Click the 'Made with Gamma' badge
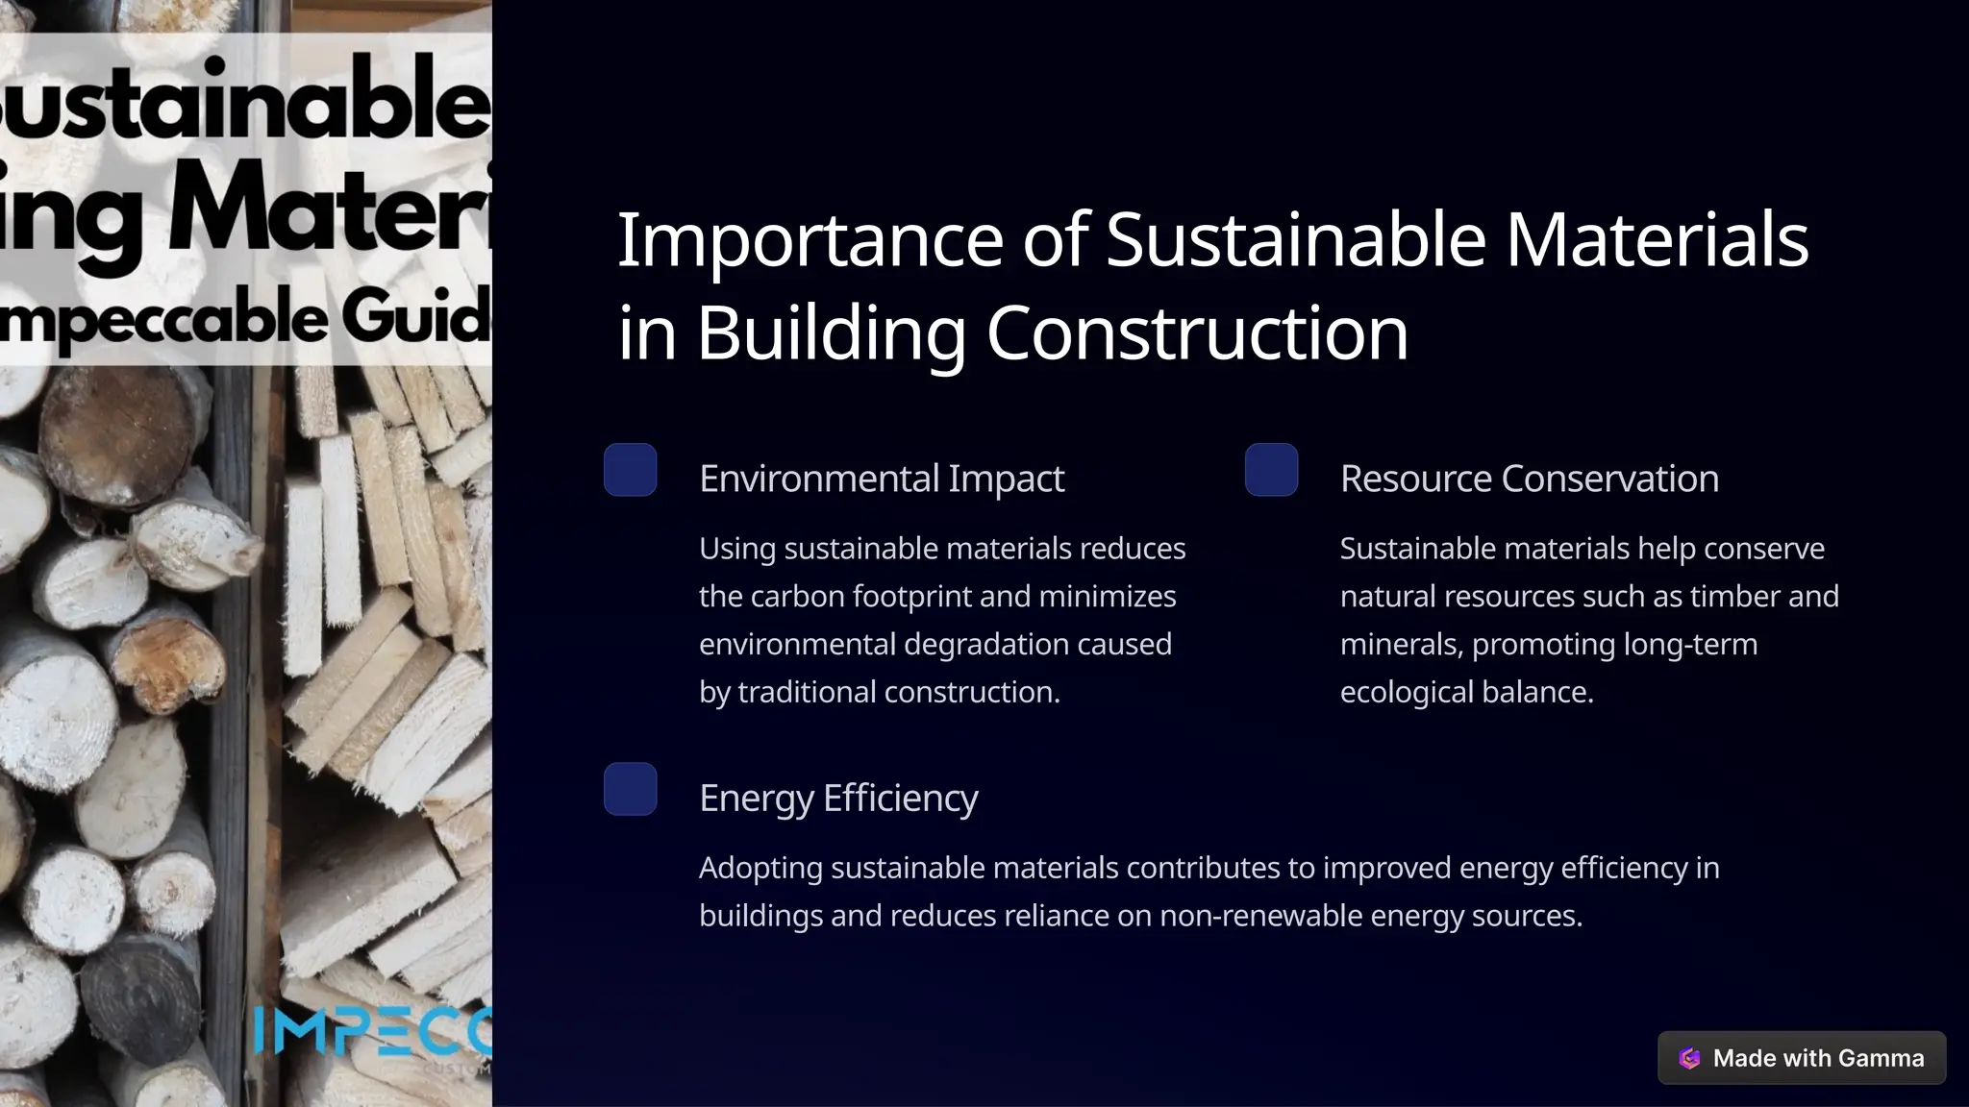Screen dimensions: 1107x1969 [1802, 1058]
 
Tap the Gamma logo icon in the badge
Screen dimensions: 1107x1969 [1689, 1058]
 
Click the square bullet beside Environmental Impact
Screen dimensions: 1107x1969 [631, 470]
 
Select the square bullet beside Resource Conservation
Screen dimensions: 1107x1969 [1271, 470]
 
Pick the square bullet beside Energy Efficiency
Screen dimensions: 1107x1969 [631, 789]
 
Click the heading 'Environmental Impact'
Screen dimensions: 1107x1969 [882, 479]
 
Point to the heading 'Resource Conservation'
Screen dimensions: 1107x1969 [1529, 479]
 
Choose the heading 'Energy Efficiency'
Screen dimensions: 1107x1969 [838, 798]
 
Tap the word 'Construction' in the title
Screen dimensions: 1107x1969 [1197, 333]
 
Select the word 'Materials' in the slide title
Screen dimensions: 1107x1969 [1657, 240]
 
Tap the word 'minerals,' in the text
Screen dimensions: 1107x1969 [1401, 644]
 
